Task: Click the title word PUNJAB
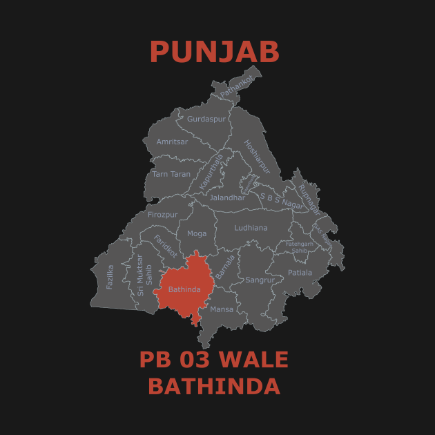coord(215,52)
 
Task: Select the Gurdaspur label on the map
coord(206,119)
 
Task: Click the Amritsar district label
coord(172,142)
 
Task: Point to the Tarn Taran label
coord(171,174)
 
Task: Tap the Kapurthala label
coord(211,172)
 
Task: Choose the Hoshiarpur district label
coord(256,157)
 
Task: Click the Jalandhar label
coord(227,197)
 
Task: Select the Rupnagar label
coord(309,199)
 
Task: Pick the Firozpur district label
coord(163,215)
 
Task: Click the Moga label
coord(197,233)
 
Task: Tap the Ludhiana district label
coord(251,227)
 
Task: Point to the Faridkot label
coord(165,246)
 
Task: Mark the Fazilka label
coord(110,276)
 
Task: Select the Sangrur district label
coord(260,280)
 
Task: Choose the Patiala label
coord(300,272)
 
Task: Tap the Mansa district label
coord(222,309)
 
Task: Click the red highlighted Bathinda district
coord(184,289)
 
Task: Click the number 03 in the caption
coord(191,360)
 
